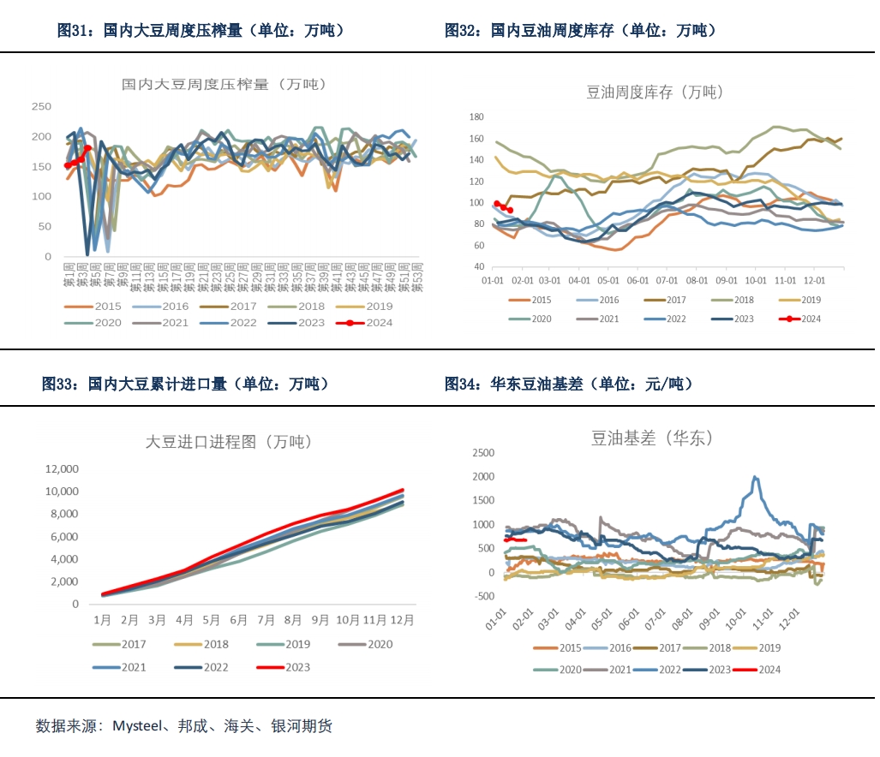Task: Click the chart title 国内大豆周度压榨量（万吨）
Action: pos(224,84)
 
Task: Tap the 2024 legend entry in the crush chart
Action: pos(378,323)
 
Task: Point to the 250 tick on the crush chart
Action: pos(41,107)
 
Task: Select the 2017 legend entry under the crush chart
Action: pos(243,306)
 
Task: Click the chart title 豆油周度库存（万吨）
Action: pos(655,92)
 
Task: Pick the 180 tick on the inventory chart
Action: pos(476,116)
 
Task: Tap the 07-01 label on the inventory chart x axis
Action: pos(667,280)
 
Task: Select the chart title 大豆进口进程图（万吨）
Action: pos(228,443)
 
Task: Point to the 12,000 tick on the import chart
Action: pos(62,468)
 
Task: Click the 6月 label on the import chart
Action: pos(239,620)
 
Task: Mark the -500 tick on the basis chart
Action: pos(483,597)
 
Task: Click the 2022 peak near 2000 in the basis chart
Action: pos(755,478)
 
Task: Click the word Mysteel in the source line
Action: pos(137,726)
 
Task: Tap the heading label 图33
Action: pos(61,384)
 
